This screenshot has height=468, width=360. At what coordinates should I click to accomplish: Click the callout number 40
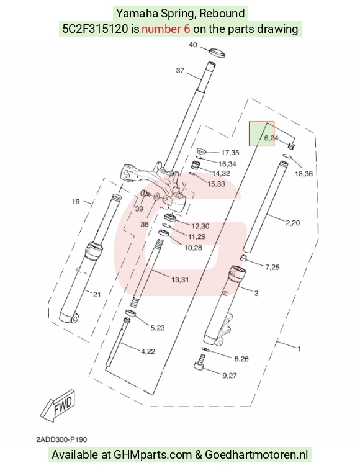click(193, 45)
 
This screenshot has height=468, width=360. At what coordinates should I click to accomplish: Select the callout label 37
click(180, 70)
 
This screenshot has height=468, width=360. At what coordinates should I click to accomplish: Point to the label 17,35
click(230, 153)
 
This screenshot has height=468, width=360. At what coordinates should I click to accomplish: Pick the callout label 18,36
click(304, 173)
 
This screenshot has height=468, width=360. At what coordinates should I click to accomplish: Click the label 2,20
click(292, 223)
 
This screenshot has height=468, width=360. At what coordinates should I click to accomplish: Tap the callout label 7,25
click(272, 267)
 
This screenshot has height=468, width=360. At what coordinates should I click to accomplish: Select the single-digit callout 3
click(256, 294)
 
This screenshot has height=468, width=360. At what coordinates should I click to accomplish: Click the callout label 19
click(76, 202)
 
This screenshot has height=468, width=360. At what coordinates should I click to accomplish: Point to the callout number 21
click(97, 295)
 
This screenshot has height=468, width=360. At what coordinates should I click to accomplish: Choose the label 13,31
click(180, 280)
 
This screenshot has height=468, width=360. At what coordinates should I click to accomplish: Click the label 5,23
click(157, 328)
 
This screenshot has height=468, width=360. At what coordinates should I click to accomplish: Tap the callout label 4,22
click(148, 351)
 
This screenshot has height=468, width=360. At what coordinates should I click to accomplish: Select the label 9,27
click(229, 375)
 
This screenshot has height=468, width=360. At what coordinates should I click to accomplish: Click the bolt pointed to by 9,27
click(200, 362)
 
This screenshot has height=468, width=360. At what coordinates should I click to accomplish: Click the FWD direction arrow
click(58, 405)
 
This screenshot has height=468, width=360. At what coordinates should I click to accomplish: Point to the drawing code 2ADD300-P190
click(61, 439)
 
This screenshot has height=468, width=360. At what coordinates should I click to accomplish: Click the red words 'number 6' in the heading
click(166, 29)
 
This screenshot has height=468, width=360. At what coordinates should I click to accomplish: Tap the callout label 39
click(139, 209)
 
